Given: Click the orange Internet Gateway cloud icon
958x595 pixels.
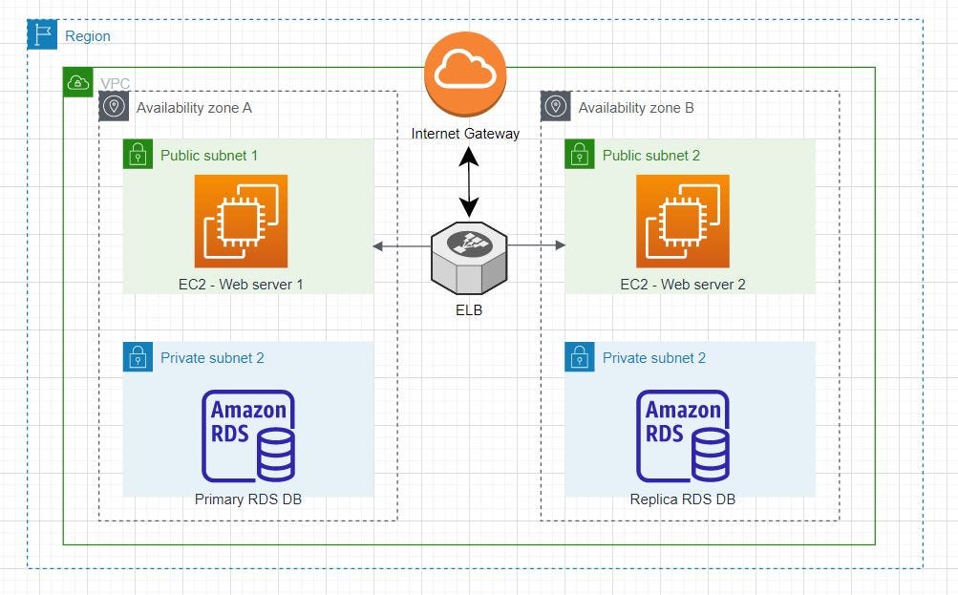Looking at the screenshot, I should coord(465,74).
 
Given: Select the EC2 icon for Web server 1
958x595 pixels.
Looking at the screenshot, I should coord(241,221).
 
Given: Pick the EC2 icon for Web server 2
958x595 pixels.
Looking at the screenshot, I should coord(683,221).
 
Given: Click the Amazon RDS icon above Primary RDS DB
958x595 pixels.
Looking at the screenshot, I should coord(247,436).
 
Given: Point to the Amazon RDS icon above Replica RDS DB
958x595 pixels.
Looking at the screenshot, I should coord(683,436).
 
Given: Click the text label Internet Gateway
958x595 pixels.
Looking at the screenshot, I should coord(465,134).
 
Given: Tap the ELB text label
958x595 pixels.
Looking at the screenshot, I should coord(469,309).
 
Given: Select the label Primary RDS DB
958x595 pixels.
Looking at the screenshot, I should coord(247,499).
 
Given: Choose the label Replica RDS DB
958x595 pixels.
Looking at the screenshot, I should coord(683,499).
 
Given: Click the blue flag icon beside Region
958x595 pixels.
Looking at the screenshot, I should coord(42,35).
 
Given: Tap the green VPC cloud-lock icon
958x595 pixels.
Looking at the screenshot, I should coord(77,83).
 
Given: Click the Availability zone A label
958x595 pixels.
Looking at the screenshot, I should coord(194,108).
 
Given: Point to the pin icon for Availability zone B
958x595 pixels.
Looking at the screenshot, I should coord(556,107).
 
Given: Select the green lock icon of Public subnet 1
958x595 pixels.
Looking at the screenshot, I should coord(138,155).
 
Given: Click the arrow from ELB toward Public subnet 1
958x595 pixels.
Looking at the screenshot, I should coord(401,246).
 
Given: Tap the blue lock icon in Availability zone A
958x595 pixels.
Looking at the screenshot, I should coord(138,357).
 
